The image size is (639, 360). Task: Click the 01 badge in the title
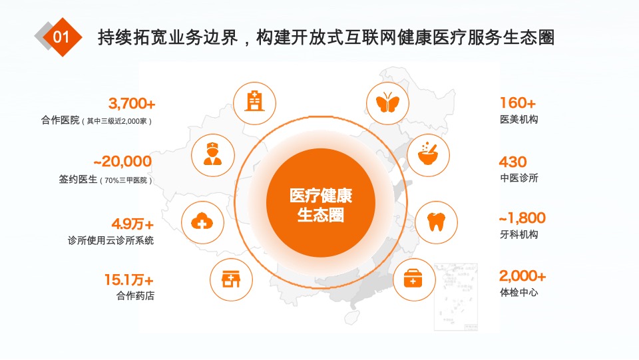click(61, 37)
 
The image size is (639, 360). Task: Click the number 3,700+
click(132, 104)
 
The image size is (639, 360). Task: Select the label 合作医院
click(60, 121)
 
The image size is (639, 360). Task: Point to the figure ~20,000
click(122, 161)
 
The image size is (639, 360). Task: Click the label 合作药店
click(135, 296)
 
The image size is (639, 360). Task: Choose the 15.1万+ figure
click(128, 279)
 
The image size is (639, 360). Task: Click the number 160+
click(517, 103)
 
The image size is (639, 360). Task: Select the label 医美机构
click(519, 120)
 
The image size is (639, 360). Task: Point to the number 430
click(513, 162)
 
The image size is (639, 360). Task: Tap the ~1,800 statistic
click(523, 218)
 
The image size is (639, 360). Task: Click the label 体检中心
click(519, 292)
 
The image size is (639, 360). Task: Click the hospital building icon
click(254, 102)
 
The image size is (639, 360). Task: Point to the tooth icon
click(437, 222)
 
